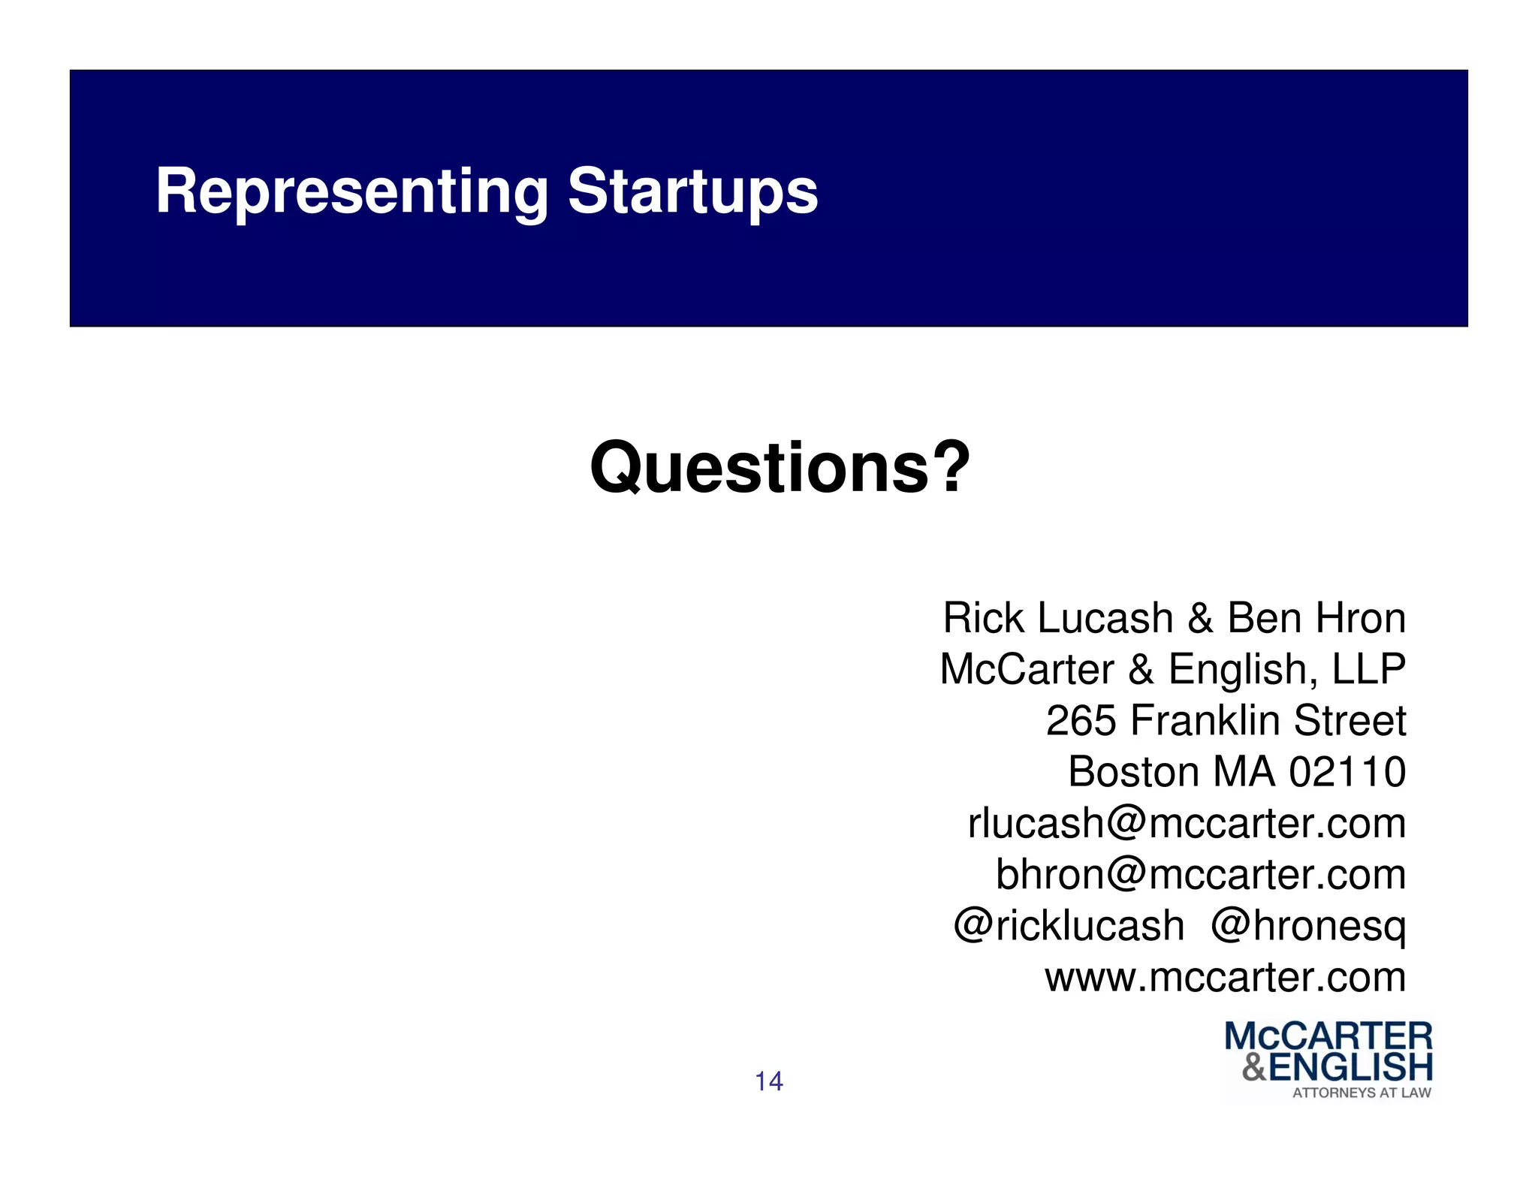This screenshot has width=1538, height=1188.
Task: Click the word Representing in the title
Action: pyautogui.click(x=351, y=192)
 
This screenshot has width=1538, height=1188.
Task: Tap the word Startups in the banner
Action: pyautogui.click(x=692, y=192)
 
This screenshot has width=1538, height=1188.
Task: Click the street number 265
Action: pyautogui.click(x=1081, y=721)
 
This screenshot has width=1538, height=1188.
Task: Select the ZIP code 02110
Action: pyautogui.click(x=1347, y=772)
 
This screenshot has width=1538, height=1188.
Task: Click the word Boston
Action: pyautogui.click(x=1133, y=772)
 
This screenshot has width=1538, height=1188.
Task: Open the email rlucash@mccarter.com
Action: pyautogui.click(x=1187, y=823)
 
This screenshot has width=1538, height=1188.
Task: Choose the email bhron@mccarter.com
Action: pyautogui.click(x=1200, y=874)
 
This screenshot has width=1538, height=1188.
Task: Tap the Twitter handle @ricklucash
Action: pyautogui.click(x=1069, y=925)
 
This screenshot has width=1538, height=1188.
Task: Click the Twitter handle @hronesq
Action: pyautogui.click(x=1308, y=925)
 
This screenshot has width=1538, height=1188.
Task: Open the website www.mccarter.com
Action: pyautogui.click(x=1225, y=977)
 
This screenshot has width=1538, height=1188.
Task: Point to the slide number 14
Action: pyautogui.click(x=768, y=1081)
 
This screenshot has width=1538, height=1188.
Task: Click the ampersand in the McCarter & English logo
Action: pyautogui.click(x=1254, y=1067)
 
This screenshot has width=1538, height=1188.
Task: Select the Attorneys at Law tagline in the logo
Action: pyautogui.click(x=1362, y=1093)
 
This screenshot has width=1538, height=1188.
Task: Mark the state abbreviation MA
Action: pyautogui.click(x=1244, y=772)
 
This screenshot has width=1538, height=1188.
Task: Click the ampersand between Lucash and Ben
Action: pyautogui.click(x=1200, y=618)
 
